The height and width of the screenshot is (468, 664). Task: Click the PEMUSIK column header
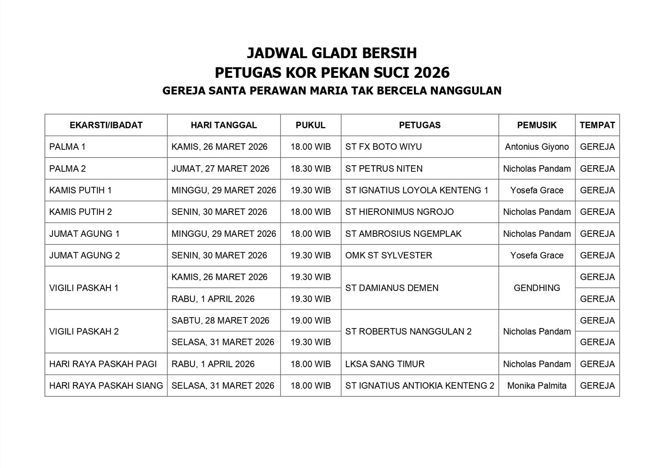pos(537,125)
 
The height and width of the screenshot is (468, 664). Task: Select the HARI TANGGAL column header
pos(223,125)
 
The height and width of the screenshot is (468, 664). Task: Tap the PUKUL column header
pos(310,125)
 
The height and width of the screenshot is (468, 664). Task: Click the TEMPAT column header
pos(597,125)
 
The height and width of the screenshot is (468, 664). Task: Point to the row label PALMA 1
pos(67,147)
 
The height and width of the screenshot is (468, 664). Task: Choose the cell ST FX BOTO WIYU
pos(383,147)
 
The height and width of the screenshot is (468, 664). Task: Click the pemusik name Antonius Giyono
pos(537,147)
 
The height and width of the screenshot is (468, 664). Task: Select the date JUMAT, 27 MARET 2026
pos(220,169)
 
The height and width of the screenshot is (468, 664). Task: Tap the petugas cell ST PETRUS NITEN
pos(384,169)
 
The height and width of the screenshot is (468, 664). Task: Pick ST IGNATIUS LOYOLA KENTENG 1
pos(417,190)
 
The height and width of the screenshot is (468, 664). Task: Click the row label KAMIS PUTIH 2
pos(80,212)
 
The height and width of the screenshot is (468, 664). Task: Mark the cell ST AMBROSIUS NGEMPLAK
pos(403,234)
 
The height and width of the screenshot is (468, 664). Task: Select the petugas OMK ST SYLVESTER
pos(389,255)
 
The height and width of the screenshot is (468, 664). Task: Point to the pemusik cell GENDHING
pos(537,288)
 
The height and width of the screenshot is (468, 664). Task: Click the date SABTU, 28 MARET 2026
pos(220,320)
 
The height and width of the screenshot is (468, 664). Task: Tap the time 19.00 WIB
pos(310,320)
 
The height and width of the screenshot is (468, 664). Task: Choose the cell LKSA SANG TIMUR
pos(385,364)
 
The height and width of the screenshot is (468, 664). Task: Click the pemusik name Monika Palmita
pos(537,385)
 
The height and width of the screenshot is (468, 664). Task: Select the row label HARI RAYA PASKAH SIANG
pos(106,385)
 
